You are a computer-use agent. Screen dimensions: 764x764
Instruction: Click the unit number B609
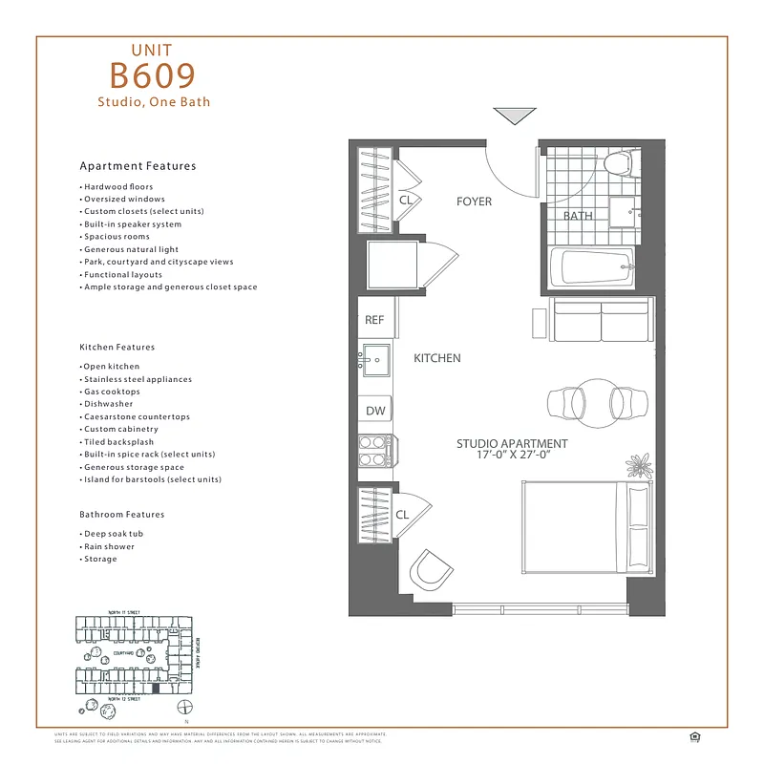coord(153,75)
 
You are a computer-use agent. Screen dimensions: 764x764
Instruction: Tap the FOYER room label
coord(474,202)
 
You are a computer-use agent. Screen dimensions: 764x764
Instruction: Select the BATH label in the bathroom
coord(577,216)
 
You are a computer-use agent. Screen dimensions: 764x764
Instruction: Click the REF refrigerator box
coord(374,321)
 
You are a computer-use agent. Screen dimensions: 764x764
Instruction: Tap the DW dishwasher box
coord(375,411)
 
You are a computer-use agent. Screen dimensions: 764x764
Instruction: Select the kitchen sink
coord(374,361)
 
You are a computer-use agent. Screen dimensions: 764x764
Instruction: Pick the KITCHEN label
coord(436,358)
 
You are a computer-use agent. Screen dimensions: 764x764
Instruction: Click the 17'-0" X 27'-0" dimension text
coord(512,456)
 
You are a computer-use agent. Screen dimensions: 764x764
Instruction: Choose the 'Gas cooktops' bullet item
coord(111,392)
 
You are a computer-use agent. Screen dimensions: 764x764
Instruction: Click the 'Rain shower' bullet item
coord(109,546)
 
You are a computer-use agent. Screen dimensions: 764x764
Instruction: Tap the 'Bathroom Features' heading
coord(122,514)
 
